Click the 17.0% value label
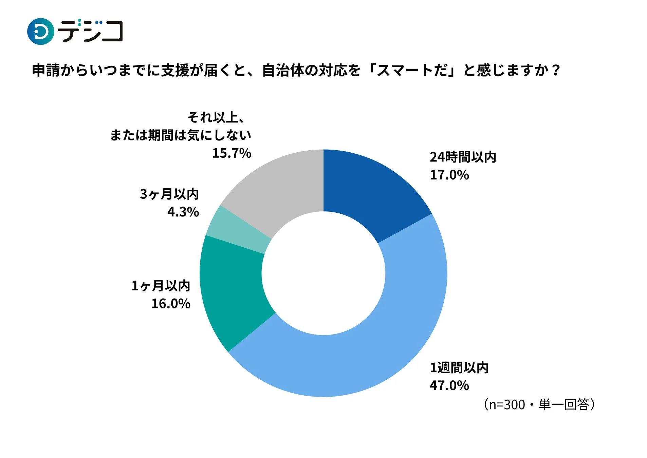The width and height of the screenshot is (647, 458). point(449,175)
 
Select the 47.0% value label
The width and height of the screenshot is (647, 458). point(449,385)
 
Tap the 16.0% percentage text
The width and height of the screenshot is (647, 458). point(171,304)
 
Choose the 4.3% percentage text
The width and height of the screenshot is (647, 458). point(183,212)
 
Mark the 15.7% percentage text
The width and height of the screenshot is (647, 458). point(232,153)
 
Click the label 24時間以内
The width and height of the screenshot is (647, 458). point(463,157)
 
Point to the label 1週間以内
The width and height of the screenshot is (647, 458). point(459,367)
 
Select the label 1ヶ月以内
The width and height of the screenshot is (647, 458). point(161,286)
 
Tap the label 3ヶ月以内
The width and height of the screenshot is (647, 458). point(169,194)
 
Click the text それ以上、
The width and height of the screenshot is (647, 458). point(216,117)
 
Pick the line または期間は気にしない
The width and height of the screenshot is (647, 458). point(180,135)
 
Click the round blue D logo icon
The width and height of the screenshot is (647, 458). point(40,32)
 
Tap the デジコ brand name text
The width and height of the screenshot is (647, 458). point(90,31)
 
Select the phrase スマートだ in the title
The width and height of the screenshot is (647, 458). point(412,71)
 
